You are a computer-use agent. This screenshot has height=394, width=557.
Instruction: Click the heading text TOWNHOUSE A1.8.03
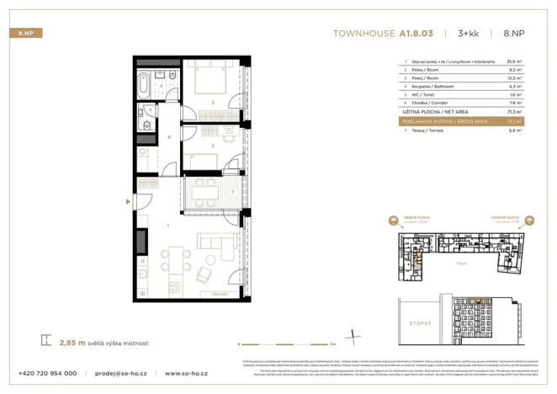click(383, 34)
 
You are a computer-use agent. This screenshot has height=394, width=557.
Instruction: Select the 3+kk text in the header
click(469, 34)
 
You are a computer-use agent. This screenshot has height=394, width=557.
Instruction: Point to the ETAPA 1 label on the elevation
click(411, 322)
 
